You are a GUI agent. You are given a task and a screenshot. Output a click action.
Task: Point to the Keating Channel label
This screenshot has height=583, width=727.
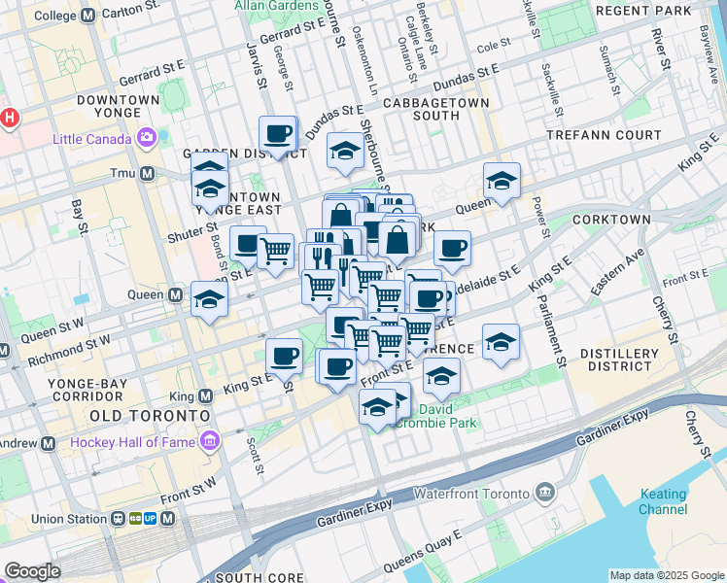point(663,501)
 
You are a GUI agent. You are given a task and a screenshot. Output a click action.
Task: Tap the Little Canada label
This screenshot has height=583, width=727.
point(93,138)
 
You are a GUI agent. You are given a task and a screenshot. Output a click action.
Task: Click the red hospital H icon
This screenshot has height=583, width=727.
point(9,119)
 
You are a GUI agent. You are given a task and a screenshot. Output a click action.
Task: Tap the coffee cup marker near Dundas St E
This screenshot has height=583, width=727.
point(277,133)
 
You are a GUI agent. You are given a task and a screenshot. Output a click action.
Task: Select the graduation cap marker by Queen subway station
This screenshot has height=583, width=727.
point(209,299)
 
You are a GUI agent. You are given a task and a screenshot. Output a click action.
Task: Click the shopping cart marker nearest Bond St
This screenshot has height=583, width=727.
point(276,251)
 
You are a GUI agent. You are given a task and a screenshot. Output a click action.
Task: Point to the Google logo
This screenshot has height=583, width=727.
point(32,571)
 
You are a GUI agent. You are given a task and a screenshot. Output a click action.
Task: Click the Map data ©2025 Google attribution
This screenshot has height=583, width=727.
point(667,575)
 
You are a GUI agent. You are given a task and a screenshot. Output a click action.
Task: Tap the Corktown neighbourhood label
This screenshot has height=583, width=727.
point(611,220)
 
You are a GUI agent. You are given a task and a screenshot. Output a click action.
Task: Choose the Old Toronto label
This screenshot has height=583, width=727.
point(150,416)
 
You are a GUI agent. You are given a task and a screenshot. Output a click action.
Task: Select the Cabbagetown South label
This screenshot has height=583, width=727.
point(421,109)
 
